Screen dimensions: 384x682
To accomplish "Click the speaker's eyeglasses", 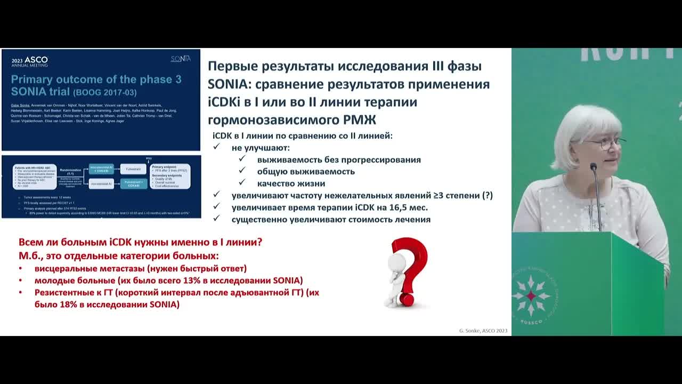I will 605,143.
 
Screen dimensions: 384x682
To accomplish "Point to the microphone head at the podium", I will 593,168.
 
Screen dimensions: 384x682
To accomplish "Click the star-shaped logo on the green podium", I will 531,295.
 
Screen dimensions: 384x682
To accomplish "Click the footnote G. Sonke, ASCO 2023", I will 483,331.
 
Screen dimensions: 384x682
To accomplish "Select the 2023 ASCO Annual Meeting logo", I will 30,61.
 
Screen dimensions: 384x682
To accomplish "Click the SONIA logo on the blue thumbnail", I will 180,59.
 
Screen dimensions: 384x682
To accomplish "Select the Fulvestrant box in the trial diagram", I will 132,169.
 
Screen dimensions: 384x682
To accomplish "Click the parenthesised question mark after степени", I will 487,196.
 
